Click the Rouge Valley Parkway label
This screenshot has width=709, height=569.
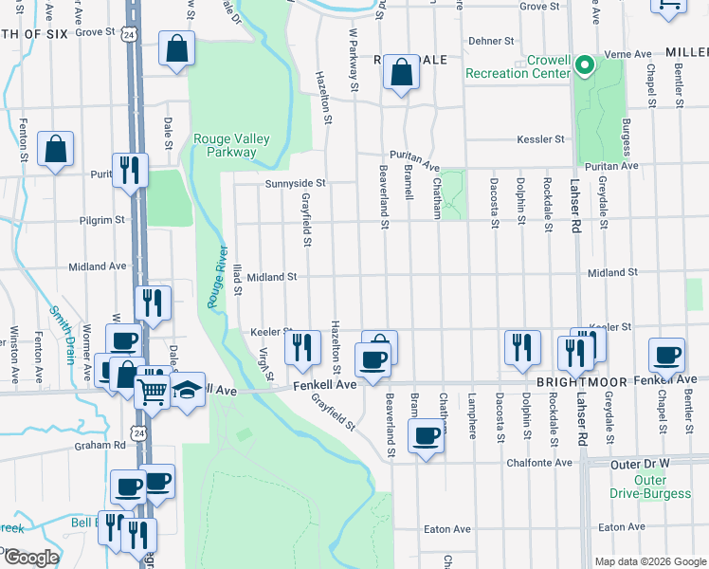point(231,145)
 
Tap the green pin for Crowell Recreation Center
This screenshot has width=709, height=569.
point(586,65)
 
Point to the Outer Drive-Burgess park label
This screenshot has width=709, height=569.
point(663,486)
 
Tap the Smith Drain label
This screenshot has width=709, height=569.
point(61,335)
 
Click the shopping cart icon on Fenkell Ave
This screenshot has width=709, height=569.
point(152,389)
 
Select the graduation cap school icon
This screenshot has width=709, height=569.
point(188,388)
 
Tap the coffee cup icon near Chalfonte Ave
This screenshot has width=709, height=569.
point(426,435)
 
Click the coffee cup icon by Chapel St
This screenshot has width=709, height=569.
point(666,355)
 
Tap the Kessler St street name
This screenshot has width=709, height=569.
point(540,139)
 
